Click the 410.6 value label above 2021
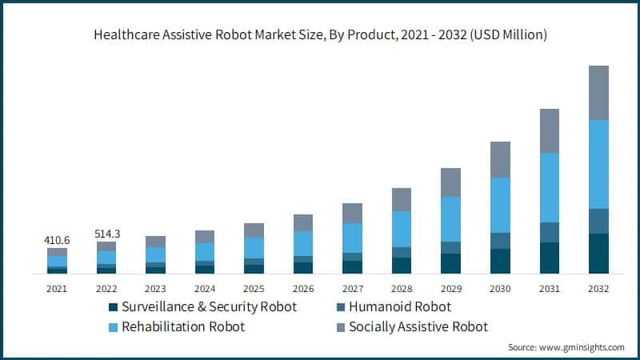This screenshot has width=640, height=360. tap(57, 239)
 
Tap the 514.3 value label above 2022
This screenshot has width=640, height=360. tap(106, 233)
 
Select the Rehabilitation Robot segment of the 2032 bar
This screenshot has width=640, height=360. tap(598, 164)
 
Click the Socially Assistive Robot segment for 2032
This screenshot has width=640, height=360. tap(598, 93)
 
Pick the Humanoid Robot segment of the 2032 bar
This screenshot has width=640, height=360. tap(598, 221)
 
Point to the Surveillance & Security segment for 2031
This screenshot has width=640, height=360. tap(549, 258)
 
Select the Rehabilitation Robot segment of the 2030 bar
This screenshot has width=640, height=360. tap(499, 205)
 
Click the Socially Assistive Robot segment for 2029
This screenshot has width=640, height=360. tap(450, 182)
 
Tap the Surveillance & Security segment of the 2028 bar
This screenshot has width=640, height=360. tap(401, 266)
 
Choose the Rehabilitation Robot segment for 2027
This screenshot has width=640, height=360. tap(352, 238)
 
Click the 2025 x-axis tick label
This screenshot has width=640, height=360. tap(254, 289)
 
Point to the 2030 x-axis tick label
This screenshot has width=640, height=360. tap(499, 289)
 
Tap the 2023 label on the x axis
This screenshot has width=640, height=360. tap(155, 289)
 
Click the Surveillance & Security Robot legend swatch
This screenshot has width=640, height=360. tap(114, 307)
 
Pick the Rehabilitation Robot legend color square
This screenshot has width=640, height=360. tap(114, 326)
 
